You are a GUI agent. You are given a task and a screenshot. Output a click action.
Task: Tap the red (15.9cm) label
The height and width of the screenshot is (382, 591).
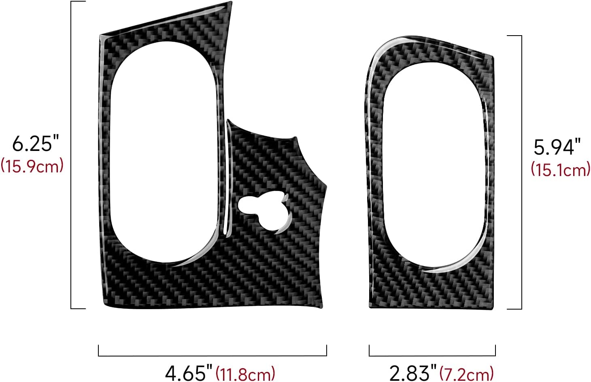tap(32, 166)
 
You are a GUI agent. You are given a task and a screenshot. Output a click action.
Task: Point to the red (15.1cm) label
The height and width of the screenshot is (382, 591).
tap(561, 169)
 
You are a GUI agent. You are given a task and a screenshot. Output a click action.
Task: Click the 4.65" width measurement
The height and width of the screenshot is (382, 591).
tap(189, 372)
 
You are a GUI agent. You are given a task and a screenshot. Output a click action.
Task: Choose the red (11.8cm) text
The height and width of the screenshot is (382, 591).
tap(245, 373)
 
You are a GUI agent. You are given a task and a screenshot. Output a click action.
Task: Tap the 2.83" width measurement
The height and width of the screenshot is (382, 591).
tap(413, 372)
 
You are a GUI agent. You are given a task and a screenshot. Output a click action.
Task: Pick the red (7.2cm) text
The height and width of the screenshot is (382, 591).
tap(466, 373)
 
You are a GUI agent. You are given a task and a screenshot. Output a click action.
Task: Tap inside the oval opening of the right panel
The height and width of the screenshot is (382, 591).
tap(433, 166)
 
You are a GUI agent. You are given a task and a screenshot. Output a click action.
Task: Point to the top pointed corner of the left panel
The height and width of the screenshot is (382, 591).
tap(231, 4)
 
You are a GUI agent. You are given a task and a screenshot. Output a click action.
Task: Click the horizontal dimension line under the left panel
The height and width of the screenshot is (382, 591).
tap(213, 356)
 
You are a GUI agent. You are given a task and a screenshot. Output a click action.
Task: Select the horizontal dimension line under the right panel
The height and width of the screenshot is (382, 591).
tap(432, 356)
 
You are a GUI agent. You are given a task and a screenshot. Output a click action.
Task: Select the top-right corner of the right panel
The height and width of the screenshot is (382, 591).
tap(493, 57)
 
